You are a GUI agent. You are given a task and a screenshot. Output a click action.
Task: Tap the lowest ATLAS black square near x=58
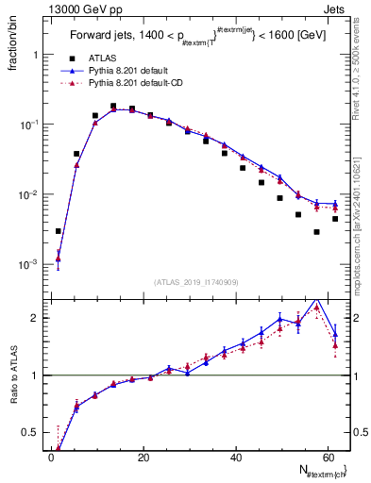point(317,232)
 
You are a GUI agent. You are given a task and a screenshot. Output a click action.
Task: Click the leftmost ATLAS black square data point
point(59,231)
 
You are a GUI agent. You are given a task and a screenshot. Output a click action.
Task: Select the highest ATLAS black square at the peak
point(113,107)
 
